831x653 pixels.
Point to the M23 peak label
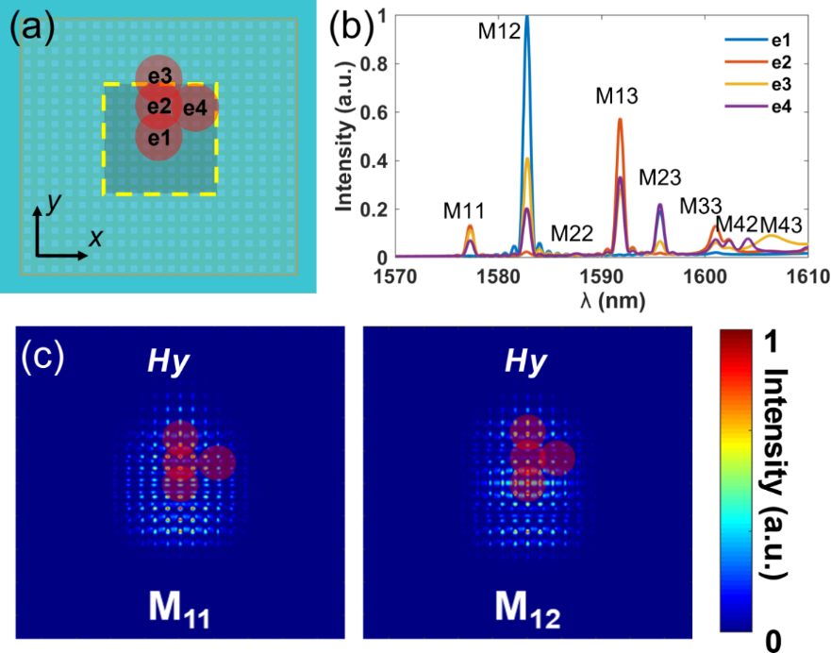point(660,176)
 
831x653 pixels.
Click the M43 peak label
point(783,225)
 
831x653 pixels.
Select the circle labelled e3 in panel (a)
point(158,75)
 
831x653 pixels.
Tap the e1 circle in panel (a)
point(158,139)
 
